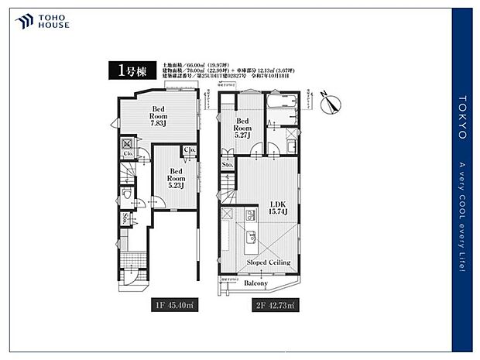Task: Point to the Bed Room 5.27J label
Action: point(242,128)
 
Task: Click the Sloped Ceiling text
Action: point(268,262)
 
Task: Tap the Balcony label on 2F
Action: point(255,283)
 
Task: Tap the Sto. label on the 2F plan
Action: point(227,165)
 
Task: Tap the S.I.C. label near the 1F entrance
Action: point(125,218)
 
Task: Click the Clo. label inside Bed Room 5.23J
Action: point(188,151)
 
